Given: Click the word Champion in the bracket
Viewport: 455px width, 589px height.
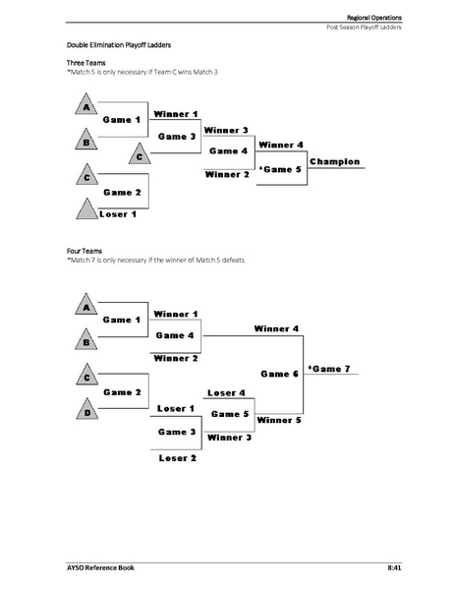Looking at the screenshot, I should [334, 161].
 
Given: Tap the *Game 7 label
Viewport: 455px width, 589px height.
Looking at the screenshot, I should [328, 368].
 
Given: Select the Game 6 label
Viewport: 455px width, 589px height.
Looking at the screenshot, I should [279, 374].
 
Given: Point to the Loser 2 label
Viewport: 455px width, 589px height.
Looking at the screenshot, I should [178, 457].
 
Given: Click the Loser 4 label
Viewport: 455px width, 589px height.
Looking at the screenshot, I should [228, 392].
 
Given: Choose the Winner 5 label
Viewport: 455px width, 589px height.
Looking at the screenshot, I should [278, 420].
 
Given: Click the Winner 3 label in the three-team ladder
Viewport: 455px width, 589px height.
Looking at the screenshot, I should [226, 130].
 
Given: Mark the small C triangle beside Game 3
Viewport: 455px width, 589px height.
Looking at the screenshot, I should [141, 154].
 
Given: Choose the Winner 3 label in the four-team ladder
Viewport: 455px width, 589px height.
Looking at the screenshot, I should [230, 437].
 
